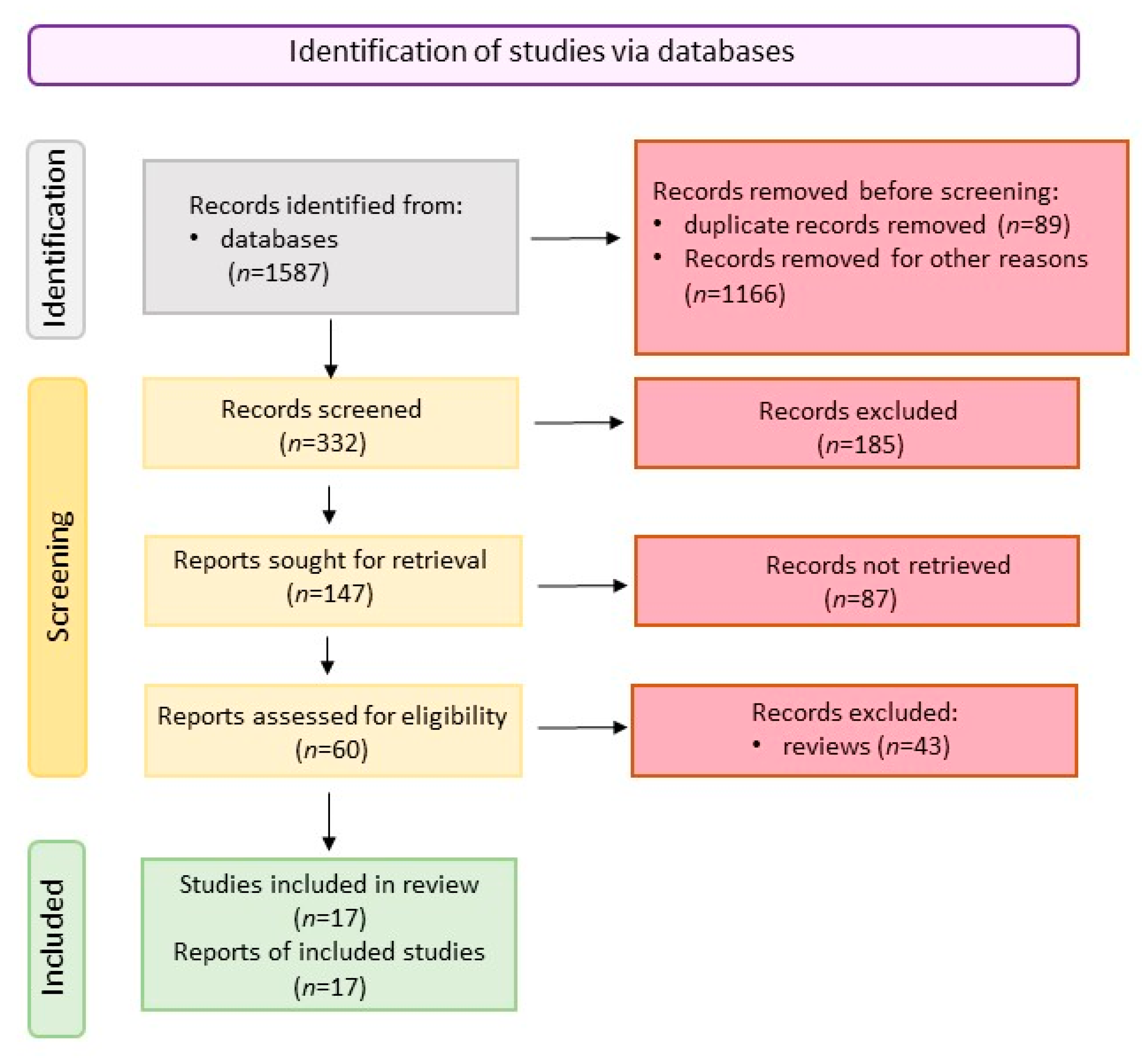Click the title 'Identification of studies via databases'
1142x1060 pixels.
point(541,51)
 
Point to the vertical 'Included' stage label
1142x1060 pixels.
point(53,937)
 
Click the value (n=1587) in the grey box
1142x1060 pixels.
point(279,272)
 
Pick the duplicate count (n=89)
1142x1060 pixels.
point(1034,224)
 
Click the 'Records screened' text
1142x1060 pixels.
point(321,409)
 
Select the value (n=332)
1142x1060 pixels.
point(323,443)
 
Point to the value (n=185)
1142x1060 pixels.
point(860,444)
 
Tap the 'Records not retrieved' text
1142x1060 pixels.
point(888,565)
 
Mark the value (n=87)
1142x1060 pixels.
point(860,599)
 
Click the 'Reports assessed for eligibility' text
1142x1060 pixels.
point(332,716)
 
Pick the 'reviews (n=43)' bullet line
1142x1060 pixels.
point(852,746)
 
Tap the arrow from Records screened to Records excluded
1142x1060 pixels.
point(578,423)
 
